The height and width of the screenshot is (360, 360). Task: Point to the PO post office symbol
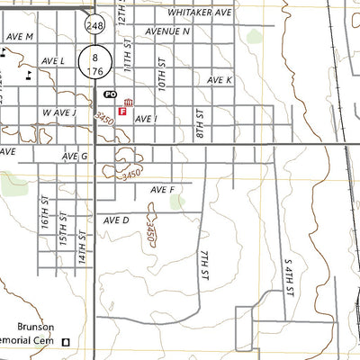click(x=111, y=94)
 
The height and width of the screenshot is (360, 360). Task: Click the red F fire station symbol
click(x=122, y=112)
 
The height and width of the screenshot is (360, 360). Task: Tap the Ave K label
click(x=220, y=80)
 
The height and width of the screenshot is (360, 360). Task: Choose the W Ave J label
click(x=58, y=113)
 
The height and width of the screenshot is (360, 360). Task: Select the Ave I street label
click(x=147, y=119)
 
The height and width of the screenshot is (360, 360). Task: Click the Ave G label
click(x=75, y=156)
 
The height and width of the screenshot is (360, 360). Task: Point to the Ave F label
click(x=163, y=190)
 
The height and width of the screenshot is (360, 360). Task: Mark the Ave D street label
click(x=117, y=220)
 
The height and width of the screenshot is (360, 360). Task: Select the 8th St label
click(x=200, y=124)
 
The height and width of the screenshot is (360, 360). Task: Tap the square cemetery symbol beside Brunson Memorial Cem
click(x=66, y=341)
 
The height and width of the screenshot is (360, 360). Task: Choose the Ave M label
click(x=19, y=36)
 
